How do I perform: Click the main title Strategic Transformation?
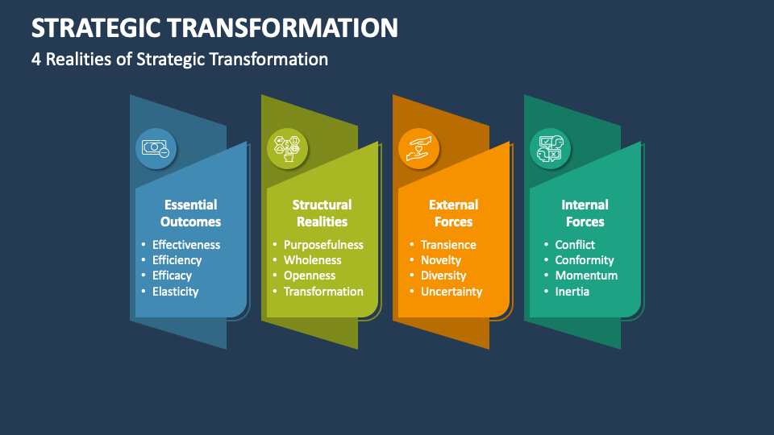[x=214, y=27]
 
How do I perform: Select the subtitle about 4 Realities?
[x=180, y=59]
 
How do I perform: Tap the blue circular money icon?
[x=156, y=148]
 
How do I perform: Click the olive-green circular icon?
[x=287, y=148]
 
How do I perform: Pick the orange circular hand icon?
[x=418, y=148]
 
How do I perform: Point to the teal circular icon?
[x=550, y=148]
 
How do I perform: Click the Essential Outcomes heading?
[x=190, y=213]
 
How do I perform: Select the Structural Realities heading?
[x=322, y=213]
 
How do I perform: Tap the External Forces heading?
[x=453, y=213]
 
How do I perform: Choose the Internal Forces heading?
[x=585, y=213]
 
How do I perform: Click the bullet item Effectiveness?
[x=186, y=245]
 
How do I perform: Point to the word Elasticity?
[x=175, y=292]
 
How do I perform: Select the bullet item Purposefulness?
[x=323, y=245]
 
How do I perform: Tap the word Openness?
[x=310, y=275]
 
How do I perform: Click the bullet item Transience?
[x=448, y=245]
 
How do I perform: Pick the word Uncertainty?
[x=451, y=292]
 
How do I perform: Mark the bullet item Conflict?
[x=575, y=245]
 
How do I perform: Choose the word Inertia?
[x=572, y=292]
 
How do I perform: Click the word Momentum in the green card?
[x=586, y=275]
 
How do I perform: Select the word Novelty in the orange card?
[x=441, y=260]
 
